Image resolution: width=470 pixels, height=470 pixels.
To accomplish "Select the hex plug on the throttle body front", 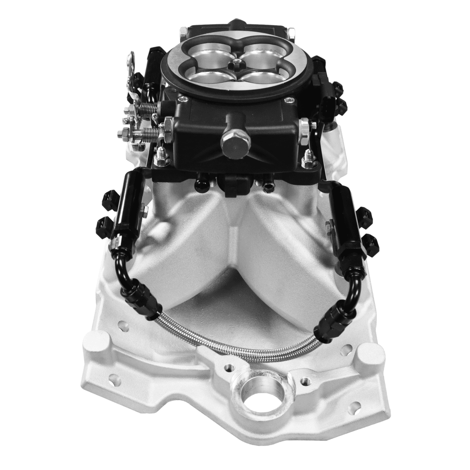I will point(235,139).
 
